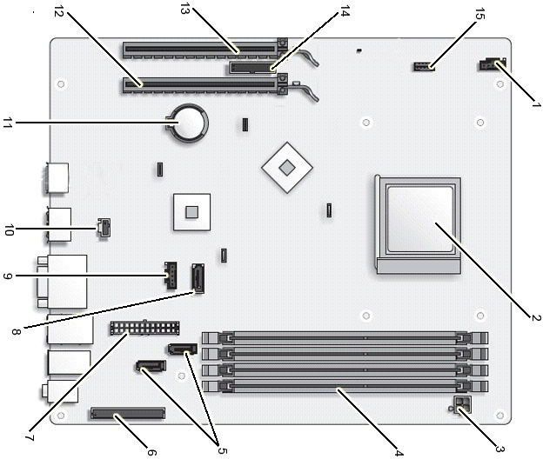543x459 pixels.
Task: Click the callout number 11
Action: (x=8, y=123)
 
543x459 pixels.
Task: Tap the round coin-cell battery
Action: (x=188, y=123)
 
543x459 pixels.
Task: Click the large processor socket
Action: (x=418, y=225)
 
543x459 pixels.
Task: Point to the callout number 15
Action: (x=479, y=14)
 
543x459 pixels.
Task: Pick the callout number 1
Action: (x=537, y=103)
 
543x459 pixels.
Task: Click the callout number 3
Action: (x=499, y=449)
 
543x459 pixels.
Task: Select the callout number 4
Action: (x=399, y=452)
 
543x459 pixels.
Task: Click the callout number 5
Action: (x=222, y=451)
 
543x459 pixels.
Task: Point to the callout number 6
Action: (x=151, y=452)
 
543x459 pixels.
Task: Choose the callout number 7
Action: (x=30, y=437)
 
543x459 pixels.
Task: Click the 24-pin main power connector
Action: (x=145, y=328)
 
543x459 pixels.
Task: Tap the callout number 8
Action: (x=16, y=332)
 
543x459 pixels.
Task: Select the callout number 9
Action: (x=8, y=276)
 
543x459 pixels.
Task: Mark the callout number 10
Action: (x=9, y=230)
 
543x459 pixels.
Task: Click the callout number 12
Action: (x=59, y=12)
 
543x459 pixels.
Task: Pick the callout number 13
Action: (x=185, y=10)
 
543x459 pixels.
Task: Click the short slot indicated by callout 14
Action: (x=253, y=68)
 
